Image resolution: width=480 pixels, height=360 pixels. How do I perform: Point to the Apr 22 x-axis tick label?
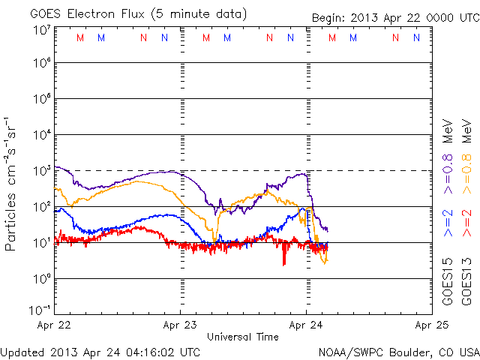pyautogui.click(x=55, y=325)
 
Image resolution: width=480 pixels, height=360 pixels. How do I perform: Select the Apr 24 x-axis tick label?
pyautogui.click(x=306, y=325)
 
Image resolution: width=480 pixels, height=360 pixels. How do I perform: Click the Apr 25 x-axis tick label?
pyautogui.click(x=431, y=325)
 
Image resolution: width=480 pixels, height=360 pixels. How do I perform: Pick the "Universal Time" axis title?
pyautogui.click(x=243, y=337)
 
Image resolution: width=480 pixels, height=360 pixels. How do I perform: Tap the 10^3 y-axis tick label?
pyautogui.click(x=40, y=171)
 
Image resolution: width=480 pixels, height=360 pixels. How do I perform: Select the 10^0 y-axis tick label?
pyautogui.click(x=40, y=279)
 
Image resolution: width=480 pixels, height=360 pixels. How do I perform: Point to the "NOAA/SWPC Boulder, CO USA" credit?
pyautogui.click(x=398, y=352)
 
